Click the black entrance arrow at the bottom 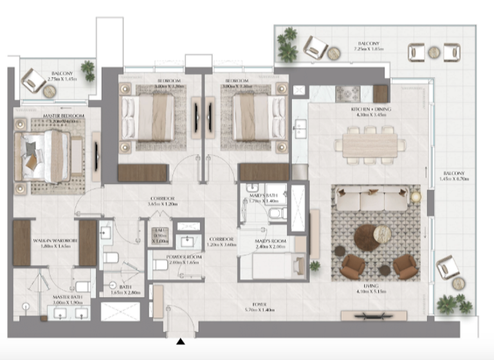(181, 342)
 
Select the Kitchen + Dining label (371, 110)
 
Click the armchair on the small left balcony (32, 80)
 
